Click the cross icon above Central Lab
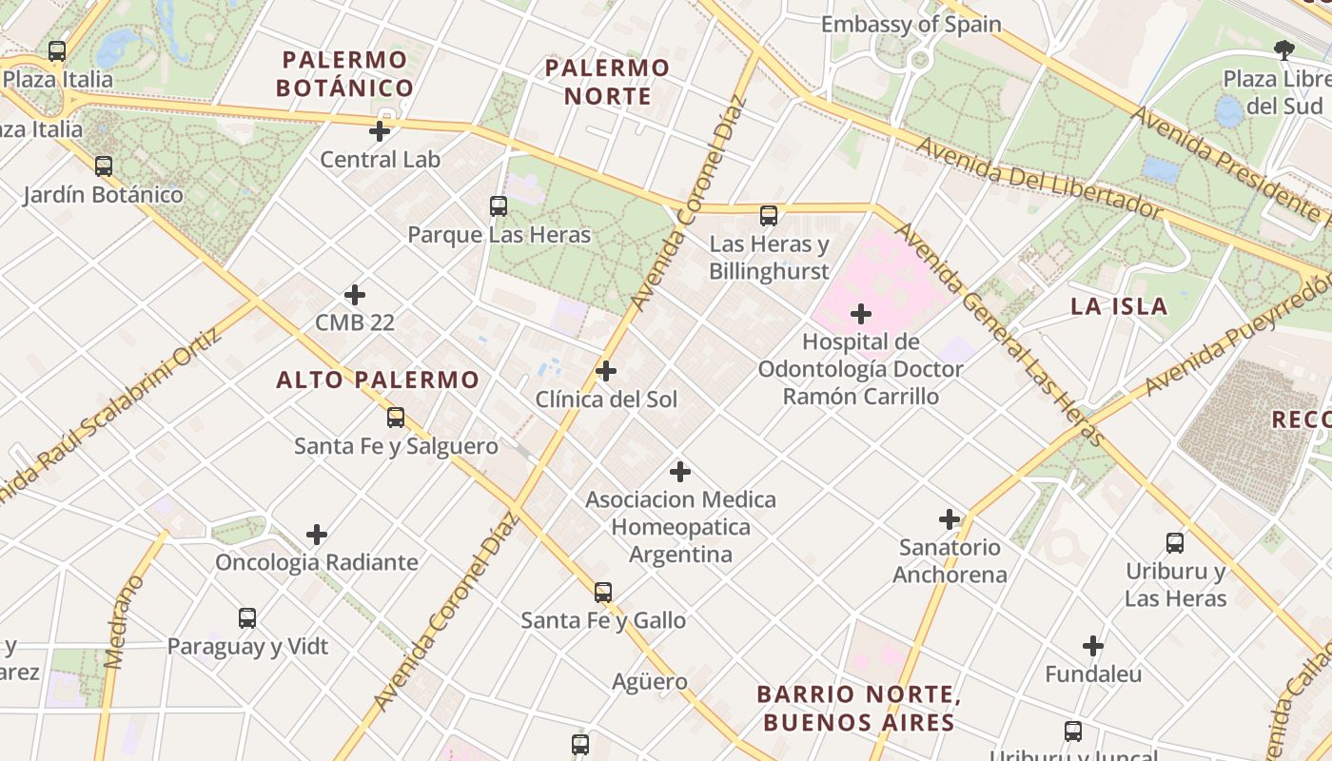coord(380,131)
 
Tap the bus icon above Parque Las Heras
coord(499,205)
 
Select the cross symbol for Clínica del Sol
coord(606,371)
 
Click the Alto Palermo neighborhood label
coord(378,380)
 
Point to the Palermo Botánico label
coord(345,74)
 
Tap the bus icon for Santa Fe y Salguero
coord(396,417)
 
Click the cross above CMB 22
coord(355,295)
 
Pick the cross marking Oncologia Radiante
coord(317,535)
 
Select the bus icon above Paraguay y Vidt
coord(247,618)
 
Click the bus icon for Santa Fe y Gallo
coord(603,592)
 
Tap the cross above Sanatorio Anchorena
coord(950,519)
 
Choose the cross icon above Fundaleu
coord(1093,647)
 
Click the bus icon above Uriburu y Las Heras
coord(1175,543)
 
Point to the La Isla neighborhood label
coord(1119,306)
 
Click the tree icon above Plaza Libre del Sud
coord(1283,49)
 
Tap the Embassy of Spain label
coord(911,25)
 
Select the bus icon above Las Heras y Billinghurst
coord(769,216)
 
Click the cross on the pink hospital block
coord(861,314)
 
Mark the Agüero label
coord(650,681)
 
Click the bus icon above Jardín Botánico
coord(104,166)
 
